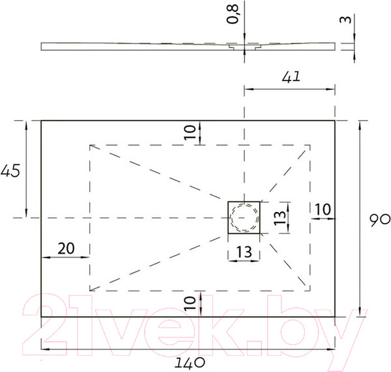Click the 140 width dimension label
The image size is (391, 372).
point(194,361)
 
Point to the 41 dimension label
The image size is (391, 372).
point(291,77)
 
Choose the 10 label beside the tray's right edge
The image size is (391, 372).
point(323,209)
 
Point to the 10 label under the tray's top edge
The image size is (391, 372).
point(188,133)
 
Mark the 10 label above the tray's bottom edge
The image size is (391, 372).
point(188,303)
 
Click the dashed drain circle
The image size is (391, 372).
point(244,217)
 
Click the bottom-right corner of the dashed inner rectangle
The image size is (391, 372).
point(310,291)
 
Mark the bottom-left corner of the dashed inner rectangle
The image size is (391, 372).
point(89,291)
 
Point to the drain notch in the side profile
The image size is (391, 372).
point(235,47)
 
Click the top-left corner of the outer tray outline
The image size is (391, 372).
point(42,120)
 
